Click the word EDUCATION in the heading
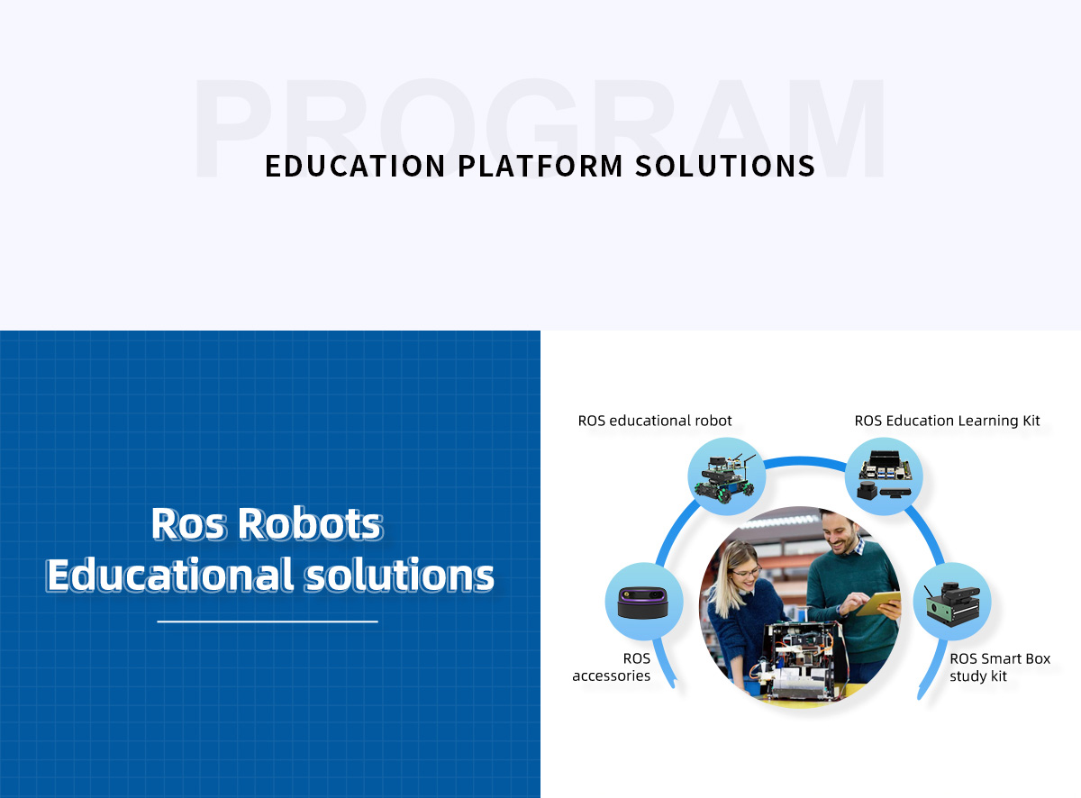[355, 166]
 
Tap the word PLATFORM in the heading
[540, 166]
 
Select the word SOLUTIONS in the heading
[725, 166]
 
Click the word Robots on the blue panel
[310, 524]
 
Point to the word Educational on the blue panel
[170, 575]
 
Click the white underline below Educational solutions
[268, 621]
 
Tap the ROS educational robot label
[655, 421]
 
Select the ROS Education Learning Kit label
[947, 421]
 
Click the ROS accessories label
[611, 667]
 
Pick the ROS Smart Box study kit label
[1000, 667]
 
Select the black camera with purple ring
[642, 603]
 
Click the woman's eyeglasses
[746, 572]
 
